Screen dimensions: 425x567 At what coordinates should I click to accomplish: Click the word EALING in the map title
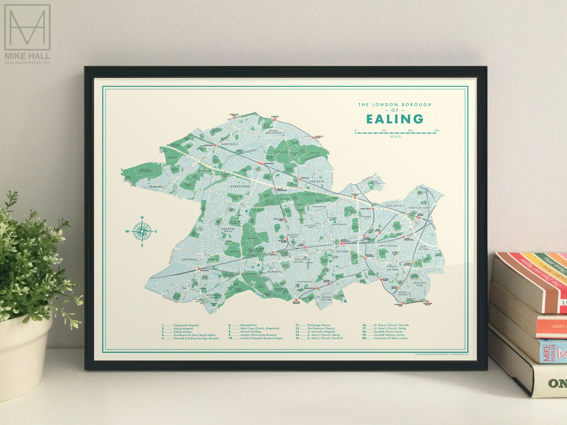(395, 119)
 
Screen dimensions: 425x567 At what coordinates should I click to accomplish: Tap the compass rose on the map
(142, 231)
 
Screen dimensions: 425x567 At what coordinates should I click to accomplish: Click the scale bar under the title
(397, 133)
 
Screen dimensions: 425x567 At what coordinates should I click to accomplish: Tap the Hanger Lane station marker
(355, 198)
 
